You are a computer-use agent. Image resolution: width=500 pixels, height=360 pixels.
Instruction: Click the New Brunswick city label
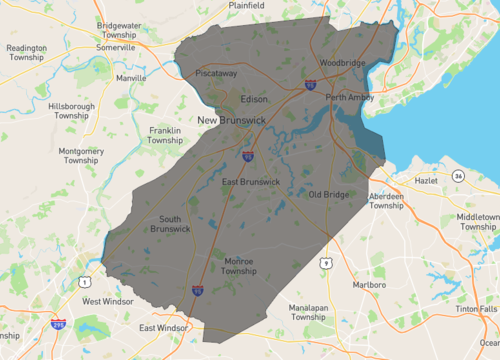click(231, 121)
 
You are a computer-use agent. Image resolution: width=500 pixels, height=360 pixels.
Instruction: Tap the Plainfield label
click(245, 5)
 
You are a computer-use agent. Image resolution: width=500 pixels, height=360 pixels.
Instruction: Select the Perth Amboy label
click(349, 97)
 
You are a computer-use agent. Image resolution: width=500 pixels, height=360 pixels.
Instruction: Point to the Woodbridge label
click(341, 63)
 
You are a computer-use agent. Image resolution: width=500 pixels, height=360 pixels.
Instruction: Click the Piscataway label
click(216, 73)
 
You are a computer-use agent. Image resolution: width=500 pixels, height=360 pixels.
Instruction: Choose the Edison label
click(255, 99)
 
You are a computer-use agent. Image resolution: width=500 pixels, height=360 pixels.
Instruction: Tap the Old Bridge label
click(328, 194)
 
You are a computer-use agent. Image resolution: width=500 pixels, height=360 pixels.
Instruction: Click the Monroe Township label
click(239, 266)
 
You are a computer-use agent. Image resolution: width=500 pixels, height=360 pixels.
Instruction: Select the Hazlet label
click(427, 181)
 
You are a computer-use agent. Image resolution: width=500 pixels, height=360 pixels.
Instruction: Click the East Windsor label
click(163, 328)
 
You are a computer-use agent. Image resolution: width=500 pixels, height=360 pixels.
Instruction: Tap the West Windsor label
click(107, 301)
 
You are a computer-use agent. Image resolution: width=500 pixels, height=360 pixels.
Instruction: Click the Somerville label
click(116, 46)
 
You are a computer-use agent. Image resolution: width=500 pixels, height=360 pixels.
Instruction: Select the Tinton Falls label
click(474, 309)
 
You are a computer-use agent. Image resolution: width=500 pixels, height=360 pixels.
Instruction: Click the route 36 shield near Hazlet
click(458, 176)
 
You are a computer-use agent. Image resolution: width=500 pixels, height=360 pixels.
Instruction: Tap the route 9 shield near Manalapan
click(326, 262)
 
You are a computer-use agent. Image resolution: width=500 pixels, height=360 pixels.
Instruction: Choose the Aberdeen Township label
click(386, 201)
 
